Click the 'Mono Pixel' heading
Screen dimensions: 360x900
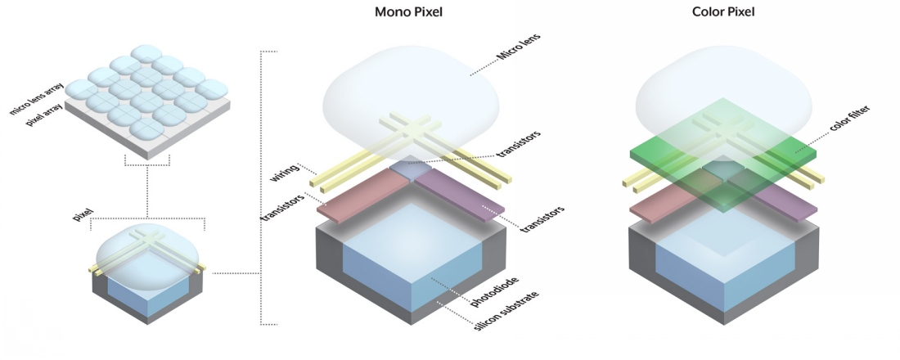pos(415,12)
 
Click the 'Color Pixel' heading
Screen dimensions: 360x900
pos(722,12)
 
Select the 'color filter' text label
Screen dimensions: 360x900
pos(835,127)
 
